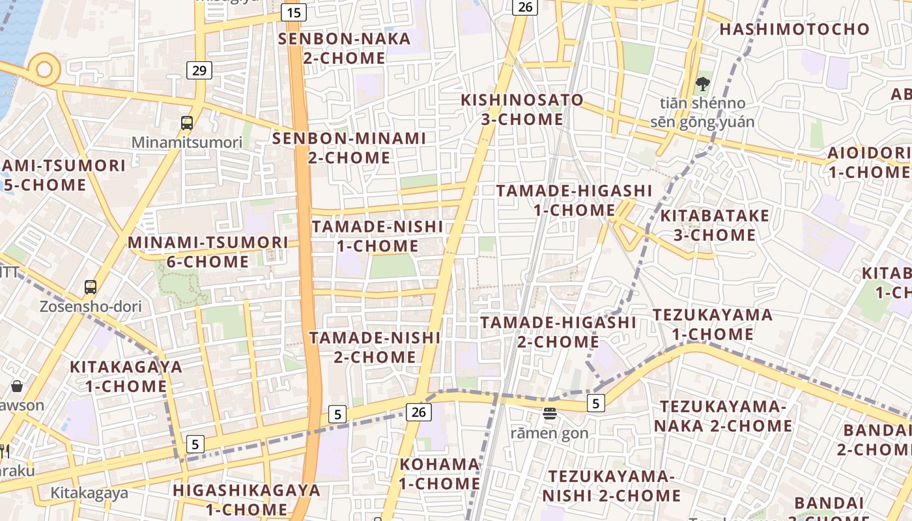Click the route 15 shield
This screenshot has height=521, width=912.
click(x=294, y=12)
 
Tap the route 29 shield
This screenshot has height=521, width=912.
click(x=199, y=70)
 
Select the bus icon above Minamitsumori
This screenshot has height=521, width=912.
click(x=187, y=122)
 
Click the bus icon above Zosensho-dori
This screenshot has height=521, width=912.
click(x=91, y=287)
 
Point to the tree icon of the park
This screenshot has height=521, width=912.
click(x=702, y=83)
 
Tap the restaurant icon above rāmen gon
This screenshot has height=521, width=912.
click(x=550, y=413)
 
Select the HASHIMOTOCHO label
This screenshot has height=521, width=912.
click(x=794, y=29)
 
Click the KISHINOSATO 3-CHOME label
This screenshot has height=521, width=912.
click(x=522, y=109)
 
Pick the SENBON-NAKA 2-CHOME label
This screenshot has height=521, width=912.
click(x=345, y=48)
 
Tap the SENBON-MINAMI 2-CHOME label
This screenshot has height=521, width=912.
click(x=349, y=148)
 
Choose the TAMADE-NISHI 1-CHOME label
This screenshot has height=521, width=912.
click(x=377, y=236)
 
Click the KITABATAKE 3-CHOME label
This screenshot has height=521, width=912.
click(x=715, y=225)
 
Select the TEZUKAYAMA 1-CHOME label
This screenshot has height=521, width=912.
click(x=713, y=324)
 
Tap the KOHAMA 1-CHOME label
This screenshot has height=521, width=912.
click(x=440, y=474)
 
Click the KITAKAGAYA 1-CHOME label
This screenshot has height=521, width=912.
click(x=126, y=376)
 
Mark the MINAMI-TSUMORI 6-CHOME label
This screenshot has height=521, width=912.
click(x=208, y=252)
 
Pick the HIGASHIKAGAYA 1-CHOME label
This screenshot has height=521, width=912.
click(x=247, y=500)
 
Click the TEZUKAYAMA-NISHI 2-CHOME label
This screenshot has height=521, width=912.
click(x=611, y=486)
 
